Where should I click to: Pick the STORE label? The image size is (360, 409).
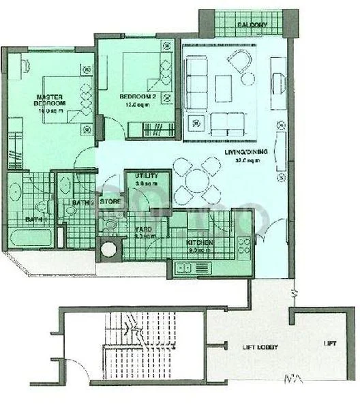(111, 202)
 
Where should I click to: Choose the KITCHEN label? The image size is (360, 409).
(200, 243)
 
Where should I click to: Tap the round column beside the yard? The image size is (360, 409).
(107, 249)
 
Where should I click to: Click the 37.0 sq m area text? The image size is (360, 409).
(241, 162)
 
